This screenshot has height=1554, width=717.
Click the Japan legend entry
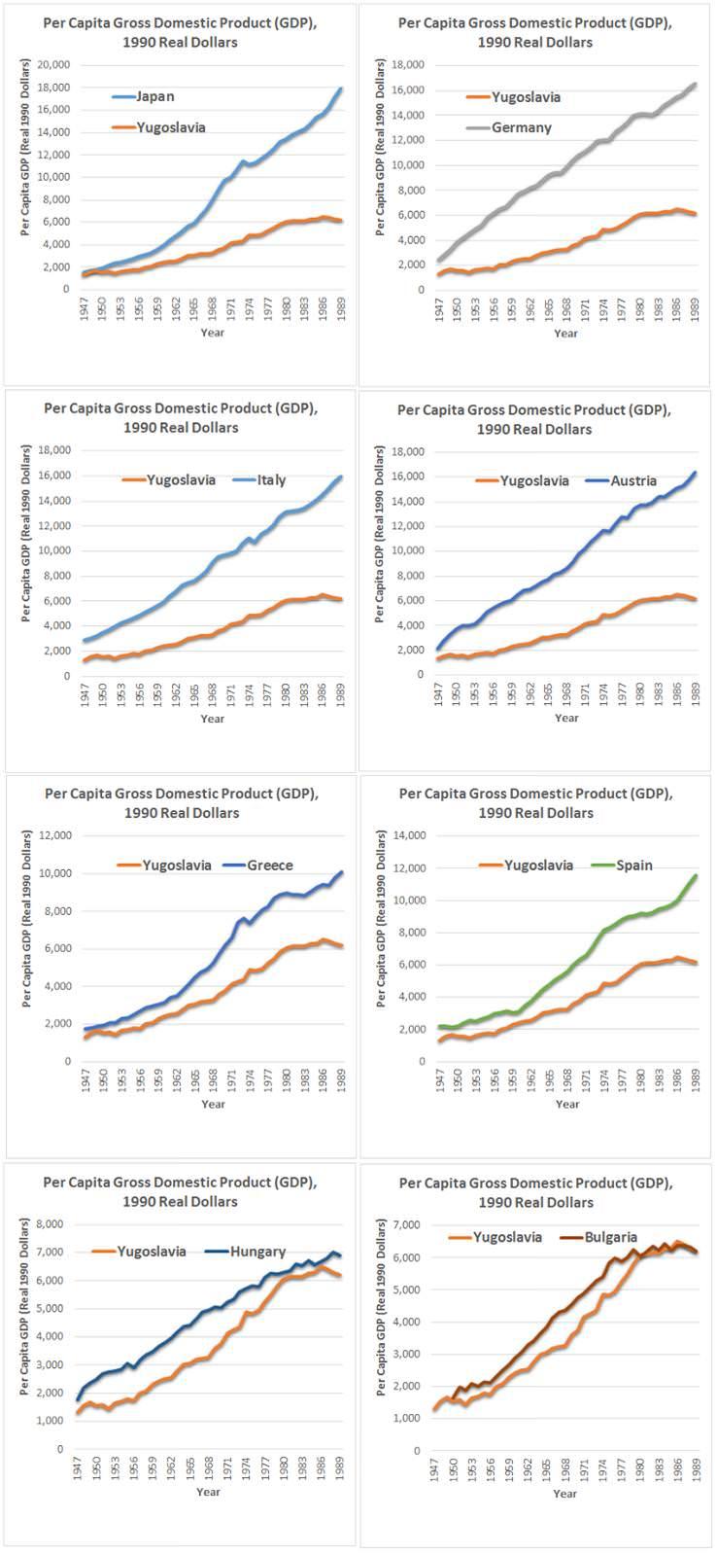155,96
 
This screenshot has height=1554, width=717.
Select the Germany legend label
521,127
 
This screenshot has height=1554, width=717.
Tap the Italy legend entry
271,480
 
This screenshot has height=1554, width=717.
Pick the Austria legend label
633,480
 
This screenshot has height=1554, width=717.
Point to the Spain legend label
633,865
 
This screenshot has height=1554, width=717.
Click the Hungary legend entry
257,1252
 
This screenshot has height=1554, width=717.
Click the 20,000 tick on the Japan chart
53,65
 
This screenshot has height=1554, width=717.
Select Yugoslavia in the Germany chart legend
526,97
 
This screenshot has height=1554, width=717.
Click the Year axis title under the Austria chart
566,718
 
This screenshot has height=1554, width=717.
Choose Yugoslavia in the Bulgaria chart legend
507,1237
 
